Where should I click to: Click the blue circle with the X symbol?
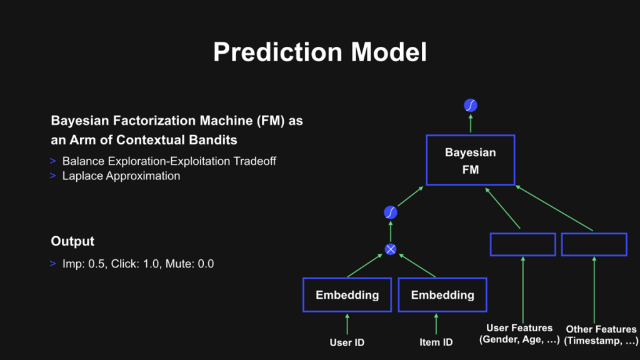pos(391,249)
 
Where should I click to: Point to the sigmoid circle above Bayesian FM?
pos(471,105)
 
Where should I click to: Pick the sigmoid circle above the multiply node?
pos(391,212)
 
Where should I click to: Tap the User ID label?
pos(347,342)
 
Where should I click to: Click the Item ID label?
pos(436,342)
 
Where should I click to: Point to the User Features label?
pos(519,334)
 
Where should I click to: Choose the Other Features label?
pos(601,335)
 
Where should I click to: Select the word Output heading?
pos(72,241)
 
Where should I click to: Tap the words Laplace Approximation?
pos(121,176)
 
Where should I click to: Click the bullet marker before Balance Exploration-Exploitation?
pos(52,161)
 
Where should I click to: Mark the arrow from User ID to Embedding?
pos(347,324)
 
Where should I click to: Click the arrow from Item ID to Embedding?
pos(436,324)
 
